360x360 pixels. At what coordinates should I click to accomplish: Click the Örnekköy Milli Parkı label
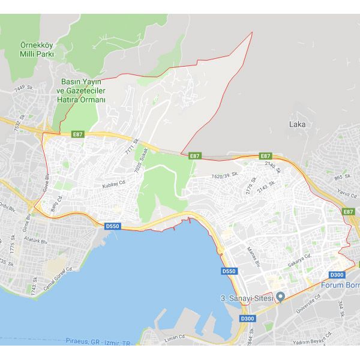(37, 49)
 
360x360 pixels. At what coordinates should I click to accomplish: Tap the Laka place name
(297, 124)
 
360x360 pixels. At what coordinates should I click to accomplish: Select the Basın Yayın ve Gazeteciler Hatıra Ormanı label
(83, 90)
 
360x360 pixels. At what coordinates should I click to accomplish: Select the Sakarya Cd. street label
(298, 259)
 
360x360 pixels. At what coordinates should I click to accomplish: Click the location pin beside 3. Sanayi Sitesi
(280, 298)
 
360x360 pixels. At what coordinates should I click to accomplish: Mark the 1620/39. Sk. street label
(226, 176)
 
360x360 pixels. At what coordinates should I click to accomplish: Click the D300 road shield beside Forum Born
(337, 275)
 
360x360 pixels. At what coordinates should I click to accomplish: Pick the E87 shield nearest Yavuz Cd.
(349, 212)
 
